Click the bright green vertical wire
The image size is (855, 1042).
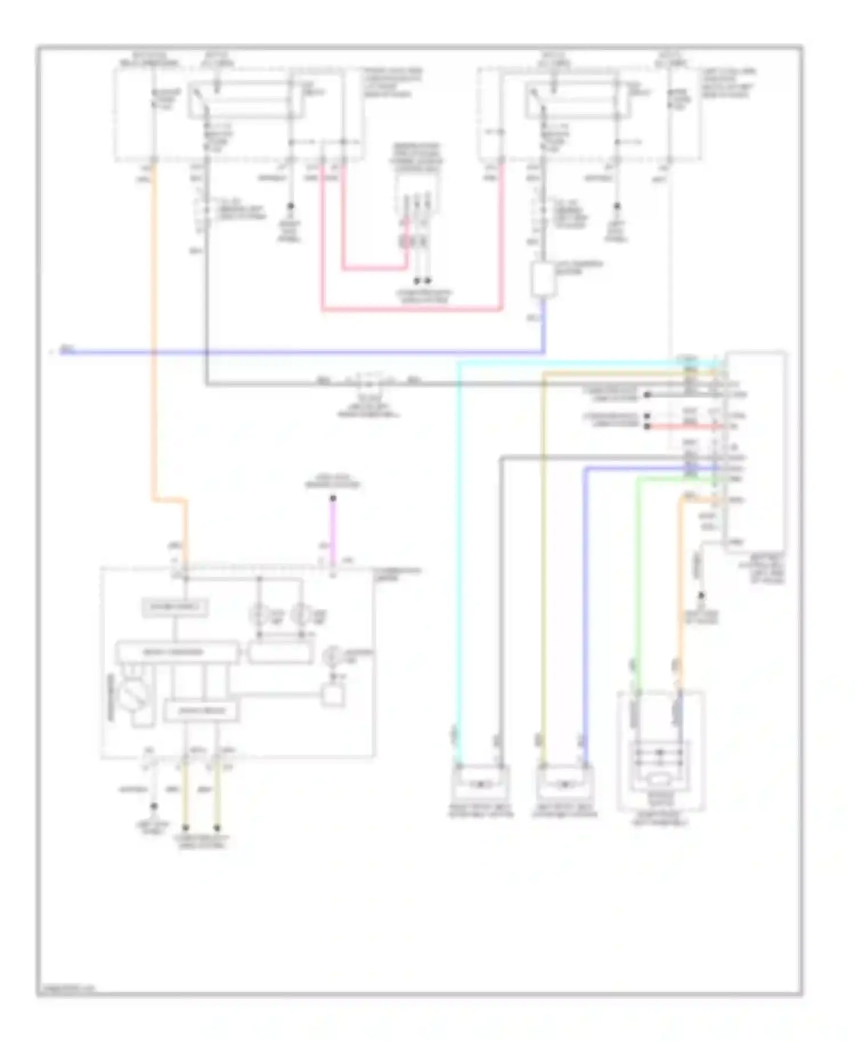pos(638,570)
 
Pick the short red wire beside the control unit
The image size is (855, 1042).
pos(684,426)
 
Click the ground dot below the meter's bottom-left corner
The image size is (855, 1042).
pos(153,807)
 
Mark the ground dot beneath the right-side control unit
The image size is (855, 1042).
pos(701,595)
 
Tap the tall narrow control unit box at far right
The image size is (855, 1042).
pos(755,450)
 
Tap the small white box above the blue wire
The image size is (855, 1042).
pos(542,279)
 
